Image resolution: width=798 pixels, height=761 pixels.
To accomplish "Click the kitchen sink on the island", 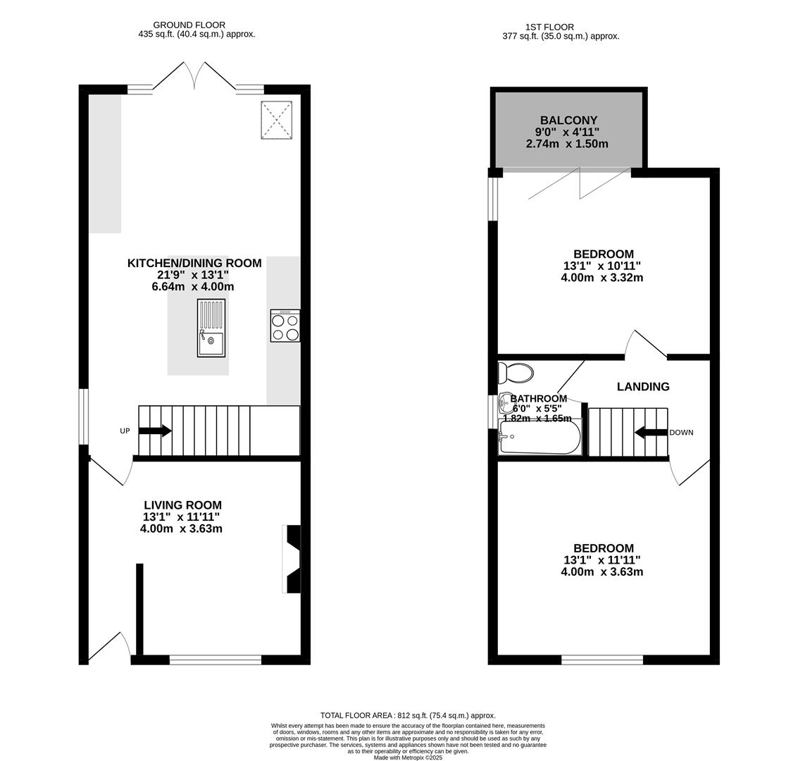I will coord(211,328).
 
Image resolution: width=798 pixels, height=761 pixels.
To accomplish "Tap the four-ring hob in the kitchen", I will coord(285,326).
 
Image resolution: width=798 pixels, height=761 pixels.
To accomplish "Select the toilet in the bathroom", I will coord(516,372).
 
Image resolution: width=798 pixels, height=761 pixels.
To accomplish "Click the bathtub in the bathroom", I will coord(540,437).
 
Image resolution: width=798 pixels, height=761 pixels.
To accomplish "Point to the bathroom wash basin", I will coord(507,404).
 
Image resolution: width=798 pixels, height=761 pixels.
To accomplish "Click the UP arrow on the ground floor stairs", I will coord(156,431).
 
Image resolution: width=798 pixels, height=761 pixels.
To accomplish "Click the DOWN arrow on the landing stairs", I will coord(650,432).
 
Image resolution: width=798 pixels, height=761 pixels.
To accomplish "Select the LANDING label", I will coord(643,386).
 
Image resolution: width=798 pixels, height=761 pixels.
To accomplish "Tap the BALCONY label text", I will coord(568,120).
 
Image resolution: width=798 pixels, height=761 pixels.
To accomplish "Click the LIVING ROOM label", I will coord(182,505).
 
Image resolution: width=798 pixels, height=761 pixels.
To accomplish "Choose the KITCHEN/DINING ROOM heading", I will coord(194,263).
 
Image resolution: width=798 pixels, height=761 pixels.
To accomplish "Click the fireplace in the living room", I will coord(292,559).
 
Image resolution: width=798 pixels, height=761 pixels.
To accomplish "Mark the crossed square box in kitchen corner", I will coord(276,120).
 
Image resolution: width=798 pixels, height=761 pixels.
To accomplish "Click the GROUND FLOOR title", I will coord(189,25).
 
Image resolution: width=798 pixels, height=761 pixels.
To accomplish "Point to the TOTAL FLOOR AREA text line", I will coord(408,714).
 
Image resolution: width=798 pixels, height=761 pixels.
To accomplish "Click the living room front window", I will coord(216,660).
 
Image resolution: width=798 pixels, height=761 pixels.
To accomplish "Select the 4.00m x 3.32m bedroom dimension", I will coord(601,278).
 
